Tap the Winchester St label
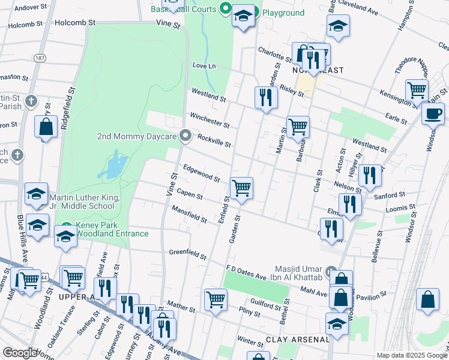[x=209, y=120]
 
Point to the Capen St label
[x=190, y=195]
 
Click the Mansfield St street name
[x=189, y=214]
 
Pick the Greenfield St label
[x=187, y=253]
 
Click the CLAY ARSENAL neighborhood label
[x=298, y=340]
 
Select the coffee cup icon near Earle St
[x=432, y=112]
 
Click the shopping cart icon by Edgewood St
[x=241, y=188]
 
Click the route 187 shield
[x=40, y=58]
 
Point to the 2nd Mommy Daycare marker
[x=185, y=136]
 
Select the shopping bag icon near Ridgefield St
[x=46, y=127]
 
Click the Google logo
[x=20, y=353]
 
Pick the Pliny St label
[x=249, y=313]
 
